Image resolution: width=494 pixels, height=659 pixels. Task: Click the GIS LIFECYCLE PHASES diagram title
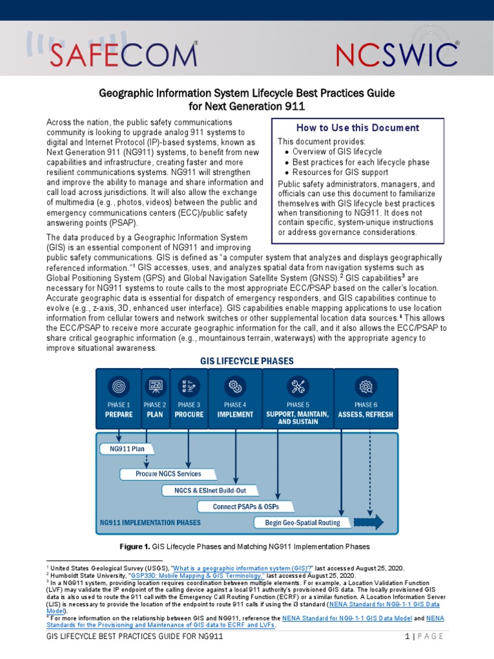247,361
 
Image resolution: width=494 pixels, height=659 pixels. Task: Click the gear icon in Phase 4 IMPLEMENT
235,386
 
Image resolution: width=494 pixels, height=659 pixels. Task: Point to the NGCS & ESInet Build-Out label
205,490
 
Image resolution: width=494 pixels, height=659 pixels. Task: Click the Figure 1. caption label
135,547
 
